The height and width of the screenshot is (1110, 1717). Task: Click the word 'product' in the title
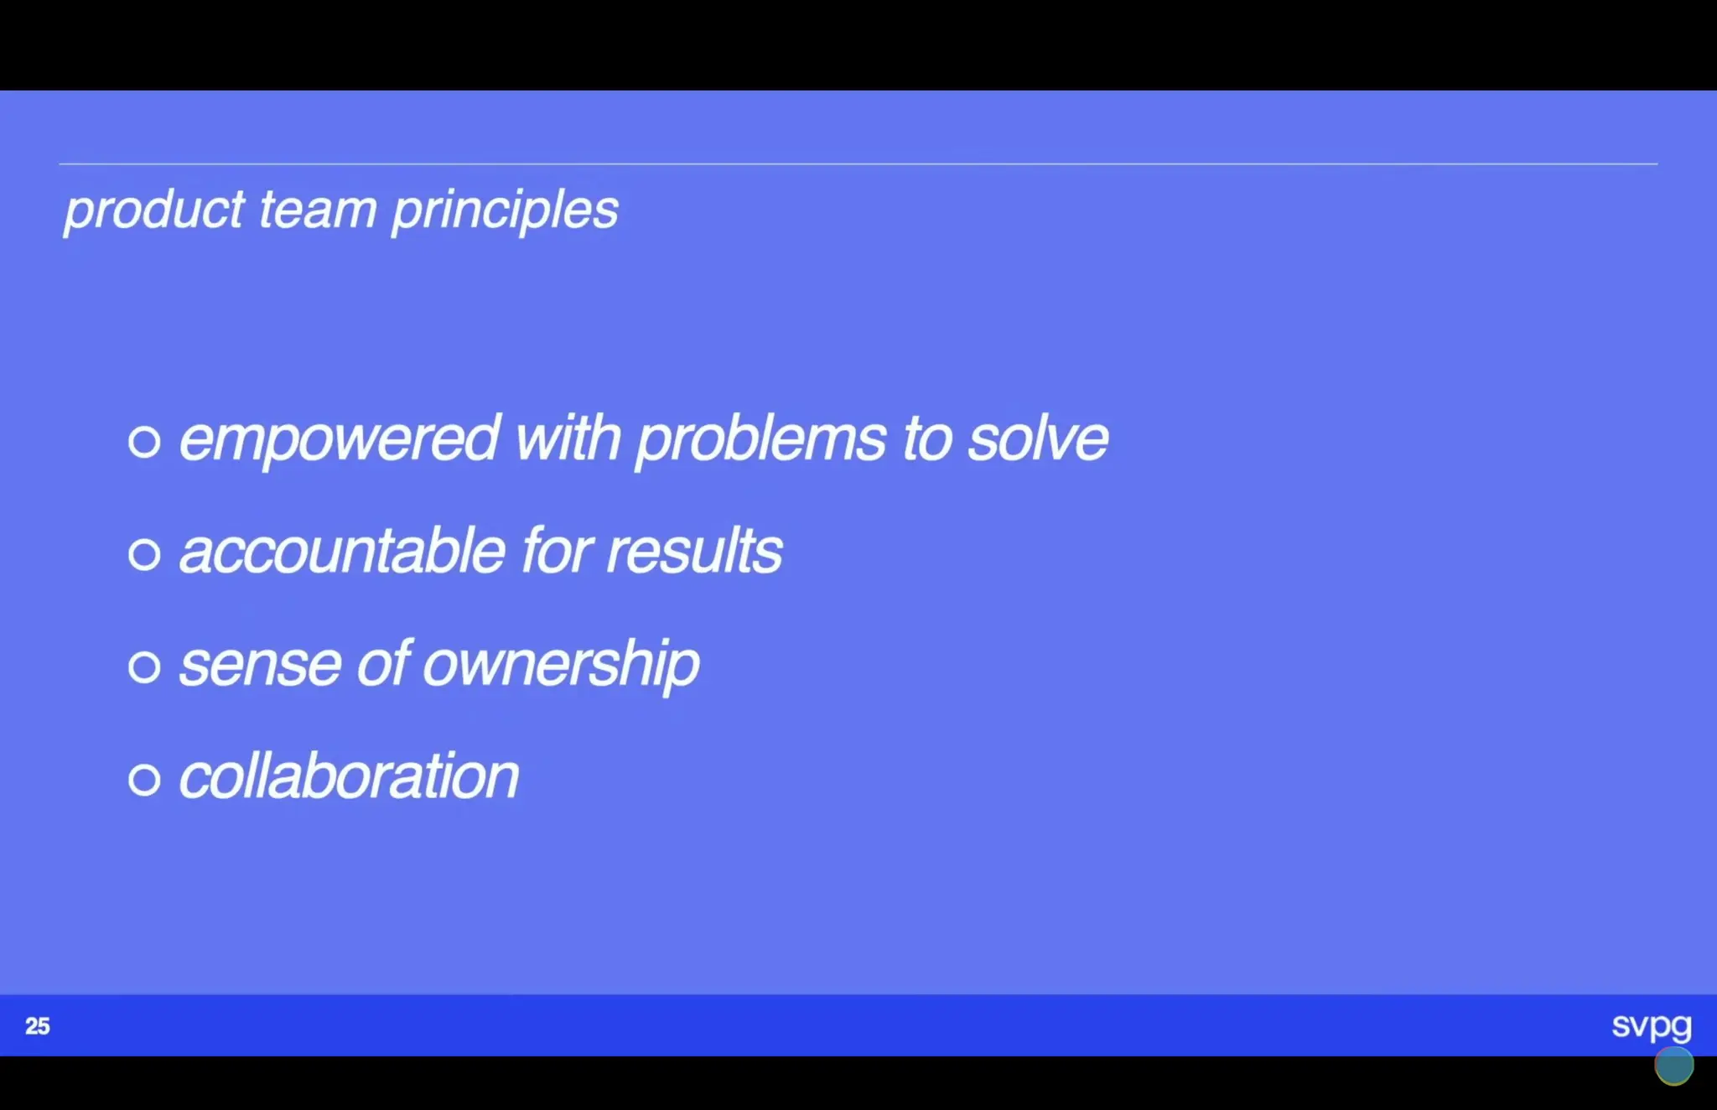pyautogui.click(x=154, y=210)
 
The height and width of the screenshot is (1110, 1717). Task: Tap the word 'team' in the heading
pyautogui.click(x=317, y=210)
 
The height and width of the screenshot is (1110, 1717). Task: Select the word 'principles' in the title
pyautogui.click(x=505, y=210)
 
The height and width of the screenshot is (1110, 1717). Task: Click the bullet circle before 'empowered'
pyautogui.click(x=144, y=441)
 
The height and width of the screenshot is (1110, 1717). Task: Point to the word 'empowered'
pyautogui.click(x=340, y=438)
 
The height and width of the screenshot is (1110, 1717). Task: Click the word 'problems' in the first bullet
pyautogui.click(x=760, y=438)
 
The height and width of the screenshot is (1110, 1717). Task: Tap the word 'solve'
pyautogui.click(x=1037, y=438)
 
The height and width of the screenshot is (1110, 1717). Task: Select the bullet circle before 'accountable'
pyautogui.click(x=144, y=554)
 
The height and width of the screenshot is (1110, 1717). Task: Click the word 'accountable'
pyautogui.click(x=342, y=552)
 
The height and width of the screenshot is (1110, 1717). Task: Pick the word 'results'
pyautogui.click(x=693, y=552)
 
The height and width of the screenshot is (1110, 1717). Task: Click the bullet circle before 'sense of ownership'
pyautogui.click(x=144, y=667)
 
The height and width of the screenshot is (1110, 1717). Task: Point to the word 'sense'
pyautogui.click(x=260, y=665)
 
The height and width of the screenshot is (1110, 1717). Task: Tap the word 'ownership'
pyautogui.click(x=560, y=665)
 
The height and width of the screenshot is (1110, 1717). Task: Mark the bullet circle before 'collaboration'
pyautogui.click(x=144, y=780)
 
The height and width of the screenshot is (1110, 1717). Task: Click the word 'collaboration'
pyautogui.click(x=349, y=776)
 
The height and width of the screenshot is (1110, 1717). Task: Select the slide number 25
pyautogui.click(x=38, y=1026)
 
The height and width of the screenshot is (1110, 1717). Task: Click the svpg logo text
pyautogui.click(x=1651, y=1025)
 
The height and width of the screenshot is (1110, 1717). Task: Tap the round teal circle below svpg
pyautogui.click(x=1673, y=1066)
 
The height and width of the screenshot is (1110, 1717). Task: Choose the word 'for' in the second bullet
pyautogui.click(x=557, y=552)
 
